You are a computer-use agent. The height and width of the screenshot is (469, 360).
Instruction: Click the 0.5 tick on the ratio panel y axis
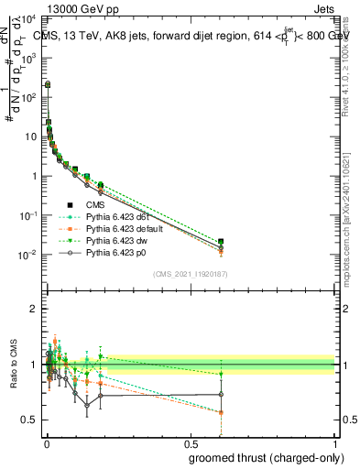click(x=32, y=420)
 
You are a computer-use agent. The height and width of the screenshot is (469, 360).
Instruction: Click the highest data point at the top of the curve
click(x=48, y=84)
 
